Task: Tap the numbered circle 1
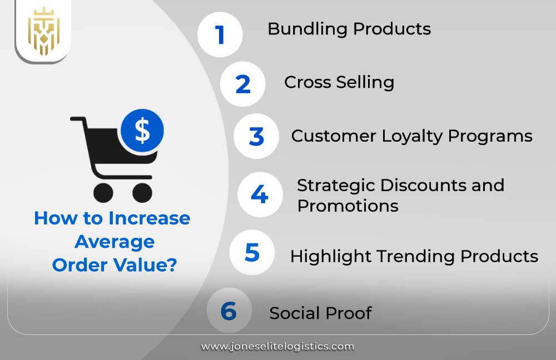click(x=220, y=34)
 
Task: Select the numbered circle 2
click(x=243, y=84)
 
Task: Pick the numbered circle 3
click(x=256, y=136)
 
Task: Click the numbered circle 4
click(x=260, y=194)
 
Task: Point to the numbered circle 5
click(x=252, y=252)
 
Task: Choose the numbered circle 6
click(x=229, y=311)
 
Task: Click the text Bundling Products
click(x=349, y=29)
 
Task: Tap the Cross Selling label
click(x=339, y=82)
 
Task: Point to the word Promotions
click(x=348, y=206)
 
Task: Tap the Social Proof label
click(x=320, y=313)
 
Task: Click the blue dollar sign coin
click(x=142, y=131)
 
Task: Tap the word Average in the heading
click(x=115, y=242)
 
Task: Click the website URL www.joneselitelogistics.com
click(x=277, y=346)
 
